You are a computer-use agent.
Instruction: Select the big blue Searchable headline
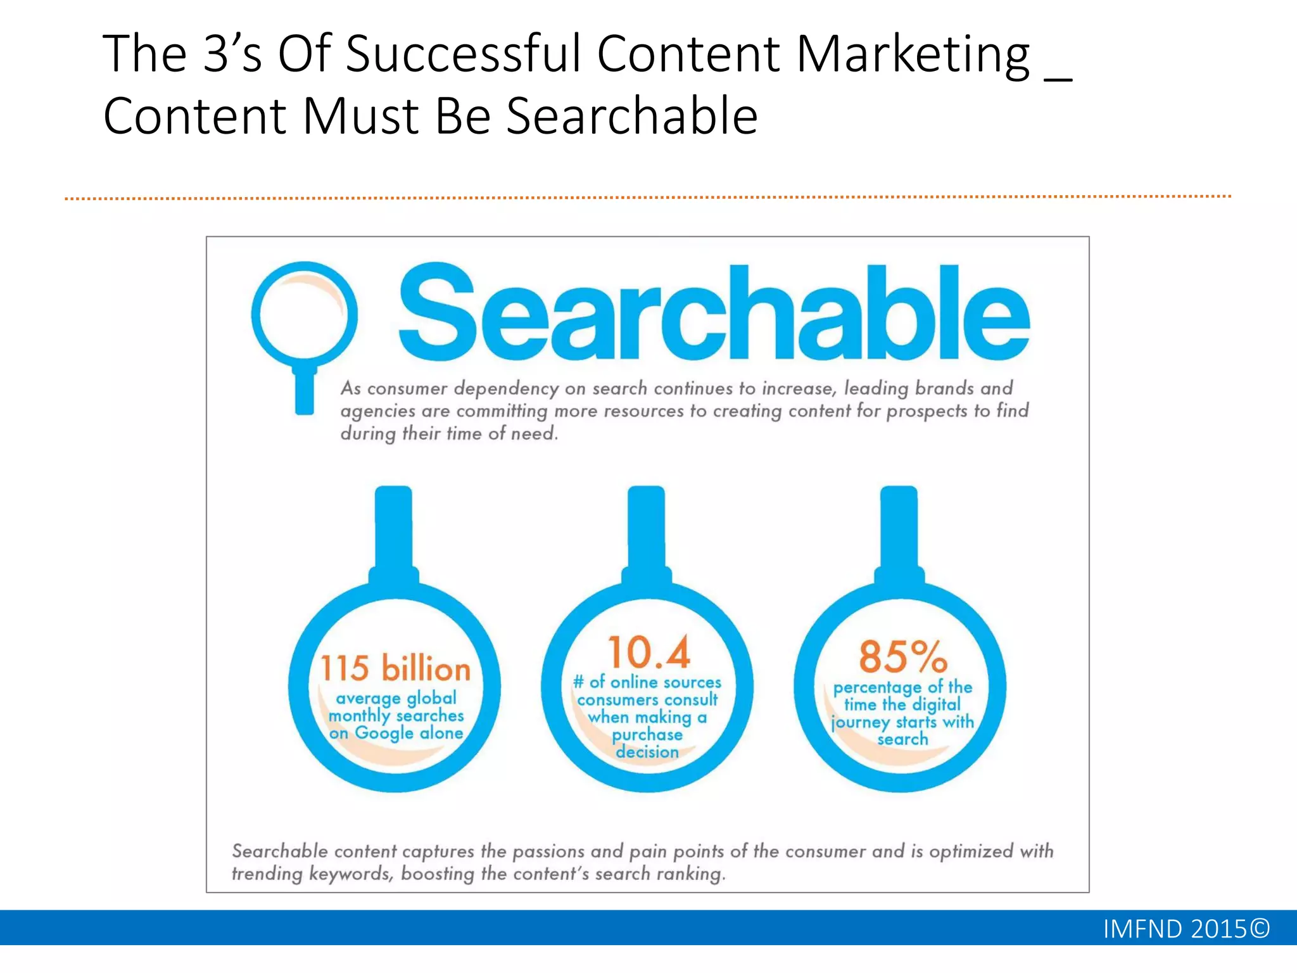(714, 314)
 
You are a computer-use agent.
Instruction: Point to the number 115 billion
(395, 669)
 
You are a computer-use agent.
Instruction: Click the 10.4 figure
(648, 652)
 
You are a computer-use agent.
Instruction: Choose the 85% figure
(902, 656)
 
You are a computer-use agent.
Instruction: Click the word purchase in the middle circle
(647, 735)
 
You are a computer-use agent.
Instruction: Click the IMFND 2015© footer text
(1186, 929)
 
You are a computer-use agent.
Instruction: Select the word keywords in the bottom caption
(350, 874)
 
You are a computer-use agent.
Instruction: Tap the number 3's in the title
(232, 54)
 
